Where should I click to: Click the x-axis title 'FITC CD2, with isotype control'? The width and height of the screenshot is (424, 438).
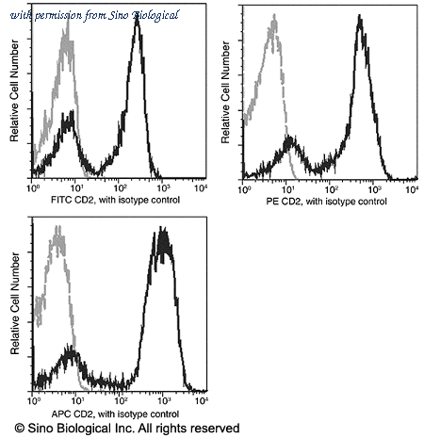(115, 200)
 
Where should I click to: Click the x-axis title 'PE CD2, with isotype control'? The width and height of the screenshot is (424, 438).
(326, 202)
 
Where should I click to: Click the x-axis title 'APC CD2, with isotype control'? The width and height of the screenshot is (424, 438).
(115, 414)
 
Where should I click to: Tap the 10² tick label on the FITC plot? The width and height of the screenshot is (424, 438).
(119, 187)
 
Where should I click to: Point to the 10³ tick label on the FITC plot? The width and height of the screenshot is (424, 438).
(163, 187)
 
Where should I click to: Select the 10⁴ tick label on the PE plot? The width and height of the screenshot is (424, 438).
(412, 189)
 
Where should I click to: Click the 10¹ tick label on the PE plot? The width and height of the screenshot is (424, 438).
(287, 189)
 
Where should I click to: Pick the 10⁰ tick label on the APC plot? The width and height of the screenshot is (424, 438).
(33, 401)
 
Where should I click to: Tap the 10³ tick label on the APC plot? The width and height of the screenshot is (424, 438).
(164, 401)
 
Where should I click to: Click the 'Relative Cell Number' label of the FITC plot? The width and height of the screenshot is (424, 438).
(14, 90)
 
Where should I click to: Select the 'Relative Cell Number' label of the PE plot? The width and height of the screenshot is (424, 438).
(225, 92)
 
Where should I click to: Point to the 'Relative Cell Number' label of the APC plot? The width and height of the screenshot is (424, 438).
(15, 303)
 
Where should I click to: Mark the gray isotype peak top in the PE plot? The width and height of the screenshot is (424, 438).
(274, 15)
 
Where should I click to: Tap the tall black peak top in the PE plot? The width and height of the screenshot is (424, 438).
(360, 16)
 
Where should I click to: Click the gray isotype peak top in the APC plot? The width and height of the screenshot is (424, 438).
(57, 227)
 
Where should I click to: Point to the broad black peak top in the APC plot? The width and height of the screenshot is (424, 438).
(162, 228)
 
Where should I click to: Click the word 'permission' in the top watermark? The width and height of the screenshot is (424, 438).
(58, 16)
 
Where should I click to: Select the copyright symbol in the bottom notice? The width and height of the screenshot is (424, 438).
(20, 429)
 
